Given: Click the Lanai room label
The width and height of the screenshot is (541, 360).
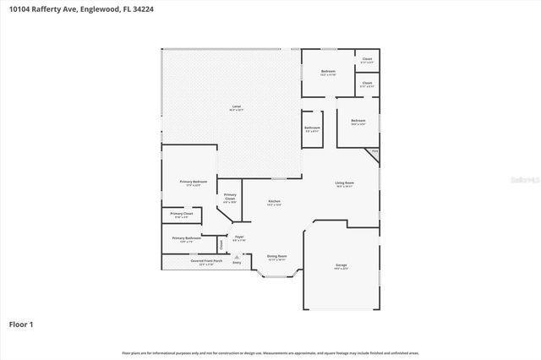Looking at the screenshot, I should pos(237,107).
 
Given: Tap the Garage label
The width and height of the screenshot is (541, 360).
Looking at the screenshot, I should pos(341,265).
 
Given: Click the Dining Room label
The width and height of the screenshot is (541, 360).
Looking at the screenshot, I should pos(277,256).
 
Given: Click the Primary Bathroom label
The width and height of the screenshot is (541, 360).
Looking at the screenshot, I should pos(189,238).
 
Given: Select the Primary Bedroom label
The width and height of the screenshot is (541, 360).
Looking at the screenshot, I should pos(193,183).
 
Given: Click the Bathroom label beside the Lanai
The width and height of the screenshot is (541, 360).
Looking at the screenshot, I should pos(312,128).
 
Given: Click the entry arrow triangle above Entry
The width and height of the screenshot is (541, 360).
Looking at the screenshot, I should pos(237,257).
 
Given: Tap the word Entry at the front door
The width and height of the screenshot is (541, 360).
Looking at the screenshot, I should pos(237,263).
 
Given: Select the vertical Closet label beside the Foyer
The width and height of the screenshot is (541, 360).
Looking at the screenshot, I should pos(221,244).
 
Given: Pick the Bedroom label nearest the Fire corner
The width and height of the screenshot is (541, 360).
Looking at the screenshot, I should pos(358,122).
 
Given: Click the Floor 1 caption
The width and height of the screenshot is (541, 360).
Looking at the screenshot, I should pos(21,324).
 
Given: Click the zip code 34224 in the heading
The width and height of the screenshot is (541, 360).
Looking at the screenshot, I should pos(137,8).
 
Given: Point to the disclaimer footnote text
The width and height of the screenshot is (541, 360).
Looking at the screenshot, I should pos(270,352).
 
